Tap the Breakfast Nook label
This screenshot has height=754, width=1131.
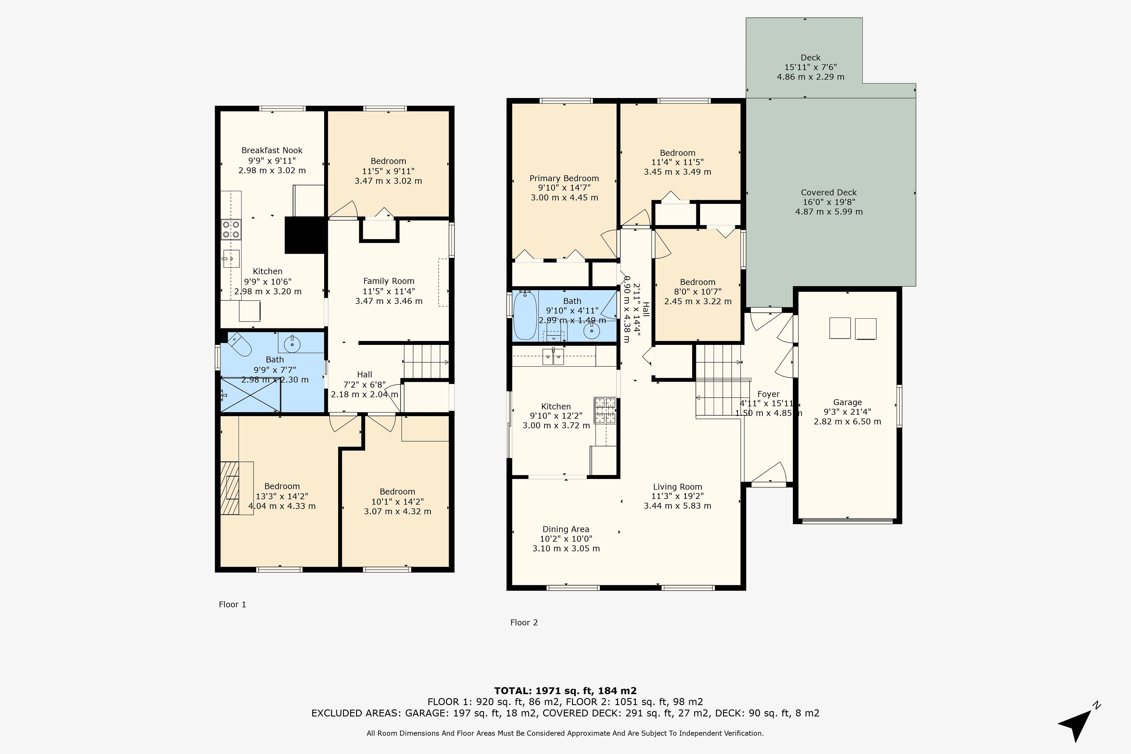(x=272, y=151)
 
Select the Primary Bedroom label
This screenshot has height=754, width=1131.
(x=564, y=178)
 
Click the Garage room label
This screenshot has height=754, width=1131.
(x=847, y=403)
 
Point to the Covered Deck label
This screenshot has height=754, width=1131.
(x=829, y=192)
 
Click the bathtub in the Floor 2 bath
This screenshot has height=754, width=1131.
(x=525, y=315)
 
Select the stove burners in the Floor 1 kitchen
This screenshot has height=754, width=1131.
(x=231, y=229)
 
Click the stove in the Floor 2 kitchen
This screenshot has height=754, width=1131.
(x=605, y=410)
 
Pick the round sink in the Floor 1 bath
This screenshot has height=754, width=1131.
(x=292, y=344)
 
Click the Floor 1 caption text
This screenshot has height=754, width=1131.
(x=232, y=604)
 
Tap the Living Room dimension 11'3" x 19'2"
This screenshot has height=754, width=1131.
(x=677, y=496)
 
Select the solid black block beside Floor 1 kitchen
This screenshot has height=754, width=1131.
(x=305, y=235)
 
